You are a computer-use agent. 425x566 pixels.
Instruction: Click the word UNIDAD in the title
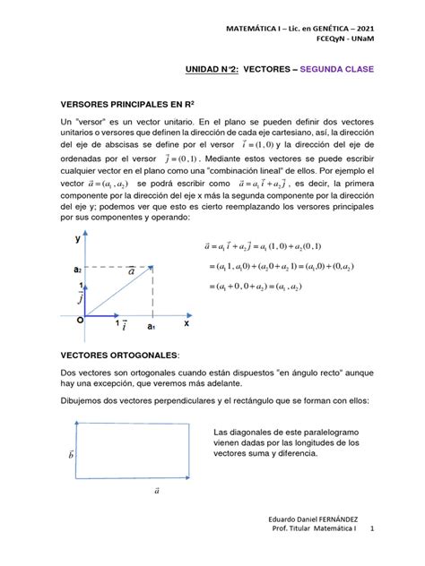[182, 69]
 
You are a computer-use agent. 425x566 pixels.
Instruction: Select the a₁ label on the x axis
[151, 329]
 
